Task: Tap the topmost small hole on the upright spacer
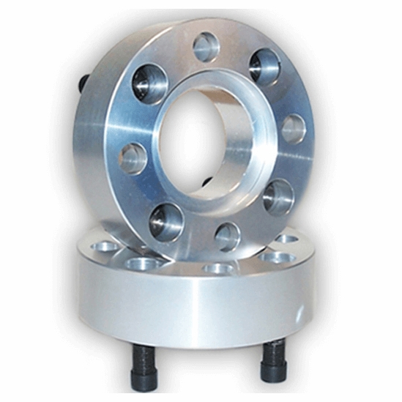click(206, 48)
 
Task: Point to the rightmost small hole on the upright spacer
click(293, 129)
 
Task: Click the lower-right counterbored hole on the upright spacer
click(278, 196)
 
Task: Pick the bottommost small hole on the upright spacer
click(228, 236)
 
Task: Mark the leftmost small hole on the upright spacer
click(134, 157)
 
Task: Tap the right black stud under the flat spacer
click(274, 358)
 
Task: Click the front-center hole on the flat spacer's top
click(218, 269)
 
